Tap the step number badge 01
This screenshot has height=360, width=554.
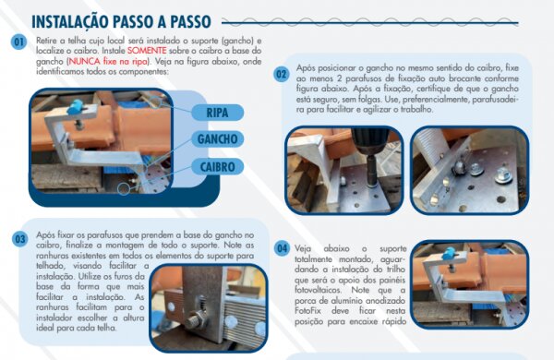click(18, 42)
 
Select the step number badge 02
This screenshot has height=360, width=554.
click(283, 74)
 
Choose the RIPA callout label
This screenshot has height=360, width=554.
click(217, 113)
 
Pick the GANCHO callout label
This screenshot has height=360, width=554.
click(218, 139)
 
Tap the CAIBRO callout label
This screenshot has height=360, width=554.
click(218, 166)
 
